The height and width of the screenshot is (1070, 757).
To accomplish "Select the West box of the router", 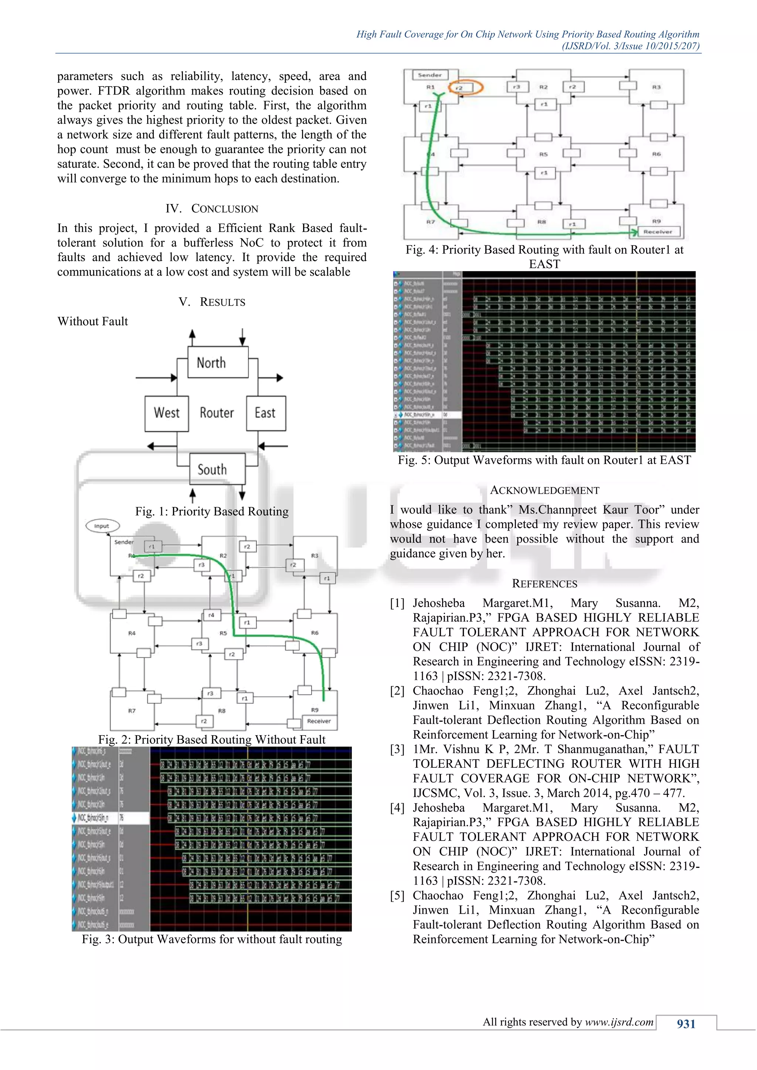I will [166, 413].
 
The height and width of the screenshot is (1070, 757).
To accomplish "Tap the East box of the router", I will [266, 413].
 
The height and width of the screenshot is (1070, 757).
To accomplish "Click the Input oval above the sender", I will [102, 526].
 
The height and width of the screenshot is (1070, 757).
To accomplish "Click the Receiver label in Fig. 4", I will [657, 232].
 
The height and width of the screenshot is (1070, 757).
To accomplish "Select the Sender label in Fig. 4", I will [430, 75].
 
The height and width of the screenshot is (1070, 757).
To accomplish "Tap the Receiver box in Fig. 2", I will [319, 721].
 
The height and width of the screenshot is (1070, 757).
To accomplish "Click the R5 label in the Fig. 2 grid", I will [223, 633].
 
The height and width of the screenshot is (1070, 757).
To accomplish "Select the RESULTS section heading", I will [223, 302].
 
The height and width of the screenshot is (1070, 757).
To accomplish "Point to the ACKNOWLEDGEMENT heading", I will [544, 490].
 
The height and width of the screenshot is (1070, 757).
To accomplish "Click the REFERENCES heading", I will [544, 584].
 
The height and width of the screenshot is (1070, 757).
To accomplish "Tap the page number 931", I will [686, 1024].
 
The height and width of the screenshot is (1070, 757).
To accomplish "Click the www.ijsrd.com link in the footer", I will [619, 1022].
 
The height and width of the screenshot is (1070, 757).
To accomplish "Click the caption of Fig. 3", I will [212, 939].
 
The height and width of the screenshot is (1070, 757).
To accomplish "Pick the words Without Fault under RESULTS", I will [92, 321].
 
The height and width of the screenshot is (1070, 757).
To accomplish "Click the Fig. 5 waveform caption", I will [544, 460].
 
